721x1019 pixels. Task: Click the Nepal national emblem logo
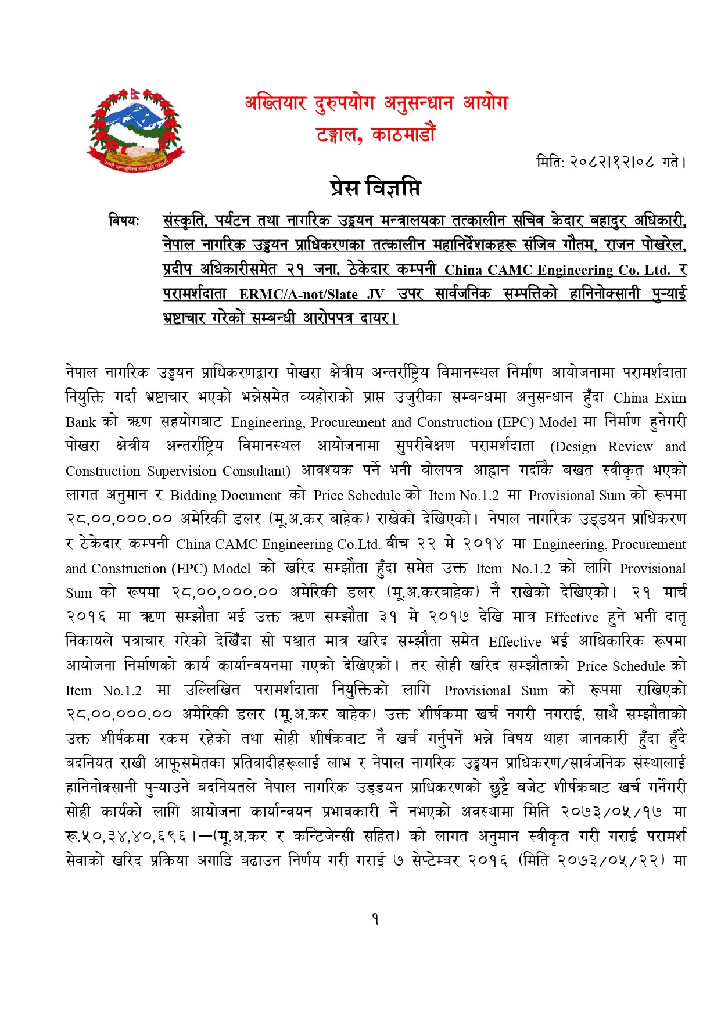pyautogui.click(x=136, y=129)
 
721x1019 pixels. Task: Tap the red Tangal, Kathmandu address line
pyautogui.click(x=375, y=135)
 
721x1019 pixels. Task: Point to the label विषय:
pyautogui.click(x=124, y=221)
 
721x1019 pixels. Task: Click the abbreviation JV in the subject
pyautogui.click(x=375, y=295)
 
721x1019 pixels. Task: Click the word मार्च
pyautogui.click(x=675, y=593)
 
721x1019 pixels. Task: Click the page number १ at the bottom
pyautogui.click(x=375, y=919)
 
